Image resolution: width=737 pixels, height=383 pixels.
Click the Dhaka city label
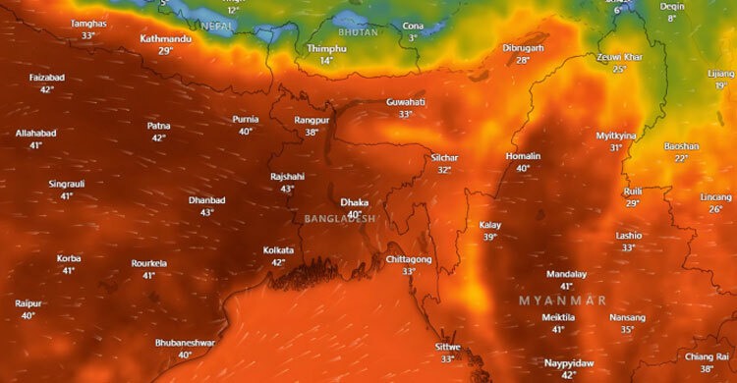[x=354, y=202]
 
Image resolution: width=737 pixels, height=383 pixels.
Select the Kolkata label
[x=278, y=250]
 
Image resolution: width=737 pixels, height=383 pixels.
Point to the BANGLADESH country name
[x=340, y=218]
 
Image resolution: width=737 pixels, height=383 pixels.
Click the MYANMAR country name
[x=563, y=299]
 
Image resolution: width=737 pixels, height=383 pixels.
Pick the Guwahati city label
[x=406, y=101]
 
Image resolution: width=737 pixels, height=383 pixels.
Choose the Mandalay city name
[x=566, y=274]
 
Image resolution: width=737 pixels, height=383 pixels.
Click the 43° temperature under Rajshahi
[x=288, y=189]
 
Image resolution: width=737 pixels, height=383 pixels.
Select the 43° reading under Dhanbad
[x=207, y=212]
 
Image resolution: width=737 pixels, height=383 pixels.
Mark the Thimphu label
[x=327, y=48]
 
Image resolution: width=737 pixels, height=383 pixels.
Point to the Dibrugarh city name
[x=523, y=47]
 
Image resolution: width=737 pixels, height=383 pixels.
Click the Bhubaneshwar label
[x=185, y=343]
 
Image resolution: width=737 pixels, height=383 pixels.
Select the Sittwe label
[x=447, y=347]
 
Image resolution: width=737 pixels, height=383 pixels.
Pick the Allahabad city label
[x=36, y=133]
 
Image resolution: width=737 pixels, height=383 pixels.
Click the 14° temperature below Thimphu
[x=327, y=61]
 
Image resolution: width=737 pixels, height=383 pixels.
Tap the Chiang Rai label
[x=706, y=356]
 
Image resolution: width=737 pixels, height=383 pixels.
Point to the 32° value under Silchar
[x=444, y=170]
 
